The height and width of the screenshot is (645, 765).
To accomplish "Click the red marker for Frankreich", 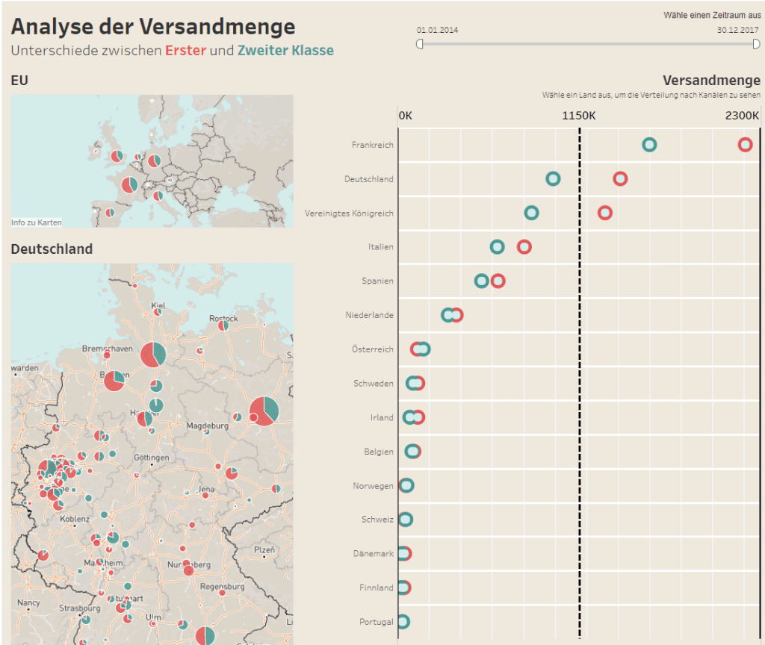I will click(x=745, y=145).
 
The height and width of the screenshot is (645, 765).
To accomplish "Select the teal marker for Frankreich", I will click(x=649, y=145).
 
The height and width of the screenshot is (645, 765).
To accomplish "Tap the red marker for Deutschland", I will click(x=620, y=179).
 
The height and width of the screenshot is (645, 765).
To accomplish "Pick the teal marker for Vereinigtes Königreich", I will click(x=531, y=213).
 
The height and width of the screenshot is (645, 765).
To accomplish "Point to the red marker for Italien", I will click(x=524, y=247).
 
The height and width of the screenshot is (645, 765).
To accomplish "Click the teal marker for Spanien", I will click(x=482, y=281).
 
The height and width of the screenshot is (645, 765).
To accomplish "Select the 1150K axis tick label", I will click(x=579, y=116).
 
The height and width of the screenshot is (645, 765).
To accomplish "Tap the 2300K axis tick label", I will click(x=743, y=116).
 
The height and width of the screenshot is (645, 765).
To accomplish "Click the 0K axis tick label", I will click(x=406, y=116).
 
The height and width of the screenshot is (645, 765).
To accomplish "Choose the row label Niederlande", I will click(x=369, y=315).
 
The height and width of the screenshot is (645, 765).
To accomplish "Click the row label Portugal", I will click(x=376, y=622).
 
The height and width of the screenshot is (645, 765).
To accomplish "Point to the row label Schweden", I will click(x=374, y=384).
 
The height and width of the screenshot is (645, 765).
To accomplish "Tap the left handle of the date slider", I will click(x=420, y=44).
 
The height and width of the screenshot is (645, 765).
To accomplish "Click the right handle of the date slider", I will click(x=757, y=44).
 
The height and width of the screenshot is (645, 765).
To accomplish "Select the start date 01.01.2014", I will click(x=438, y=30).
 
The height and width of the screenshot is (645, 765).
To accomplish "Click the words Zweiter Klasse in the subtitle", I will click(x=285, y=51).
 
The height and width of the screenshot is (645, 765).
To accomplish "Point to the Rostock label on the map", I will click(x=223, y=318).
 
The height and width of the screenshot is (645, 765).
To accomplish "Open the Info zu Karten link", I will click(x=37, y=222).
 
